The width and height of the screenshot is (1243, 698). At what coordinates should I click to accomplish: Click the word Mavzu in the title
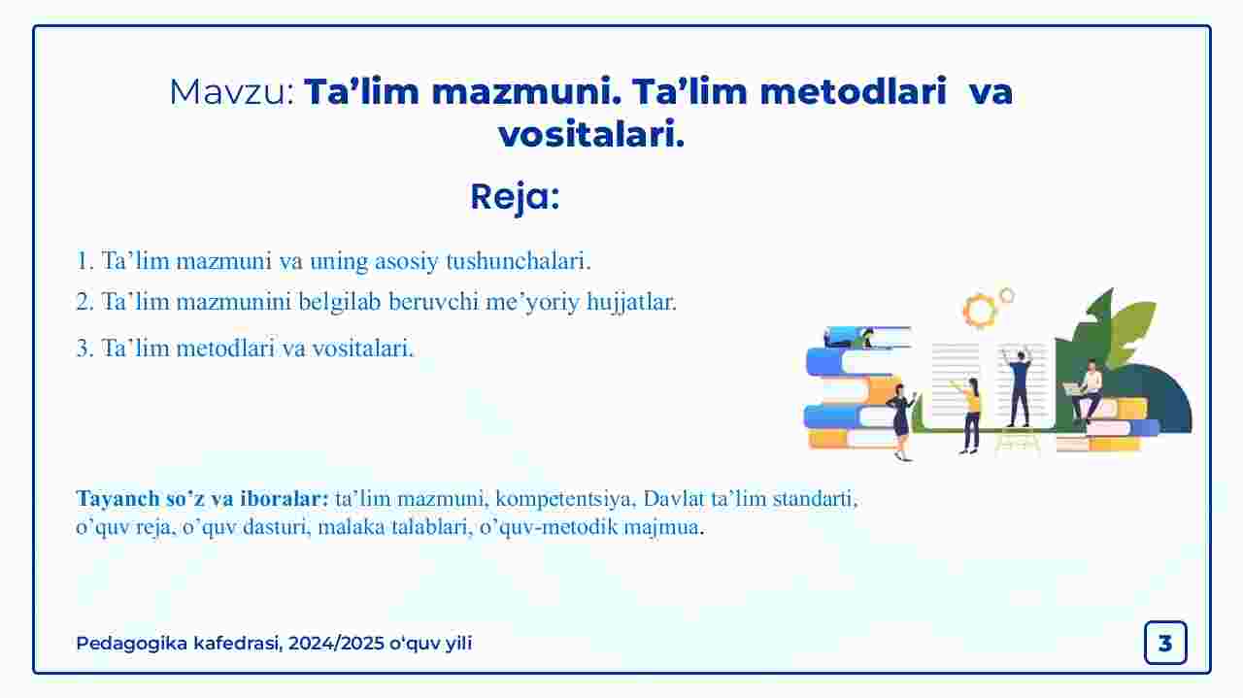pyautogui.click(x=232, y=91)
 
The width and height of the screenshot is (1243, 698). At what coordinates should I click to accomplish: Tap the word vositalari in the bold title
pyautogui.click(x=591, y=135)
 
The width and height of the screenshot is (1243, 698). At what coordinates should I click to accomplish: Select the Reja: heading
pyautogui.click(x=515, y=197)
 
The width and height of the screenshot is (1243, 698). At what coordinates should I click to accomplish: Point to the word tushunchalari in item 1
pyautogui.click(x=519, y=261)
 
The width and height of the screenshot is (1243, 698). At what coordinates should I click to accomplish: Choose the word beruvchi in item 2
pyautogui.click(x=433, y=302)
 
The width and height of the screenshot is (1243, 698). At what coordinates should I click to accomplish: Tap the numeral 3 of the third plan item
pyautogui.click(x=84, y=349)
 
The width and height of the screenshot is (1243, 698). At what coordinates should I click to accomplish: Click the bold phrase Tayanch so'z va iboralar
pyautogui.click(x=203, y=499)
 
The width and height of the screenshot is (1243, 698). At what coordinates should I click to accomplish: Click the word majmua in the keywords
pyautogui.click(x=663, y=527)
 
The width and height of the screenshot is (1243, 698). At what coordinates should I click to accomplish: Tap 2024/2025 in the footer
pyautogui.click(x=336, y=643)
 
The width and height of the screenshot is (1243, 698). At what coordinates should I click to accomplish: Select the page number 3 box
pyautogui.click(x=1165, y=643)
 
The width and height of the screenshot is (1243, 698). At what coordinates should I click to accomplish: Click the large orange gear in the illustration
pyautogui.click(x=980, y=310)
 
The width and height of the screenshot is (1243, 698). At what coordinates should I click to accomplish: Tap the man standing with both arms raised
pyautogui.click(x=1019, y=386)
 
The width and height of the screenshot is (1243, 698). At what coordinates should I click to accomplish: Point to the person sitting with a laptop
pyautogui.click(x=1084, y=392)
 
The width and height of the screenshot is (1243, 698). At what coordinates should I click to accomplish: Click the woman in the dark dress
pyautogui.click(x=900, y=421)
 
